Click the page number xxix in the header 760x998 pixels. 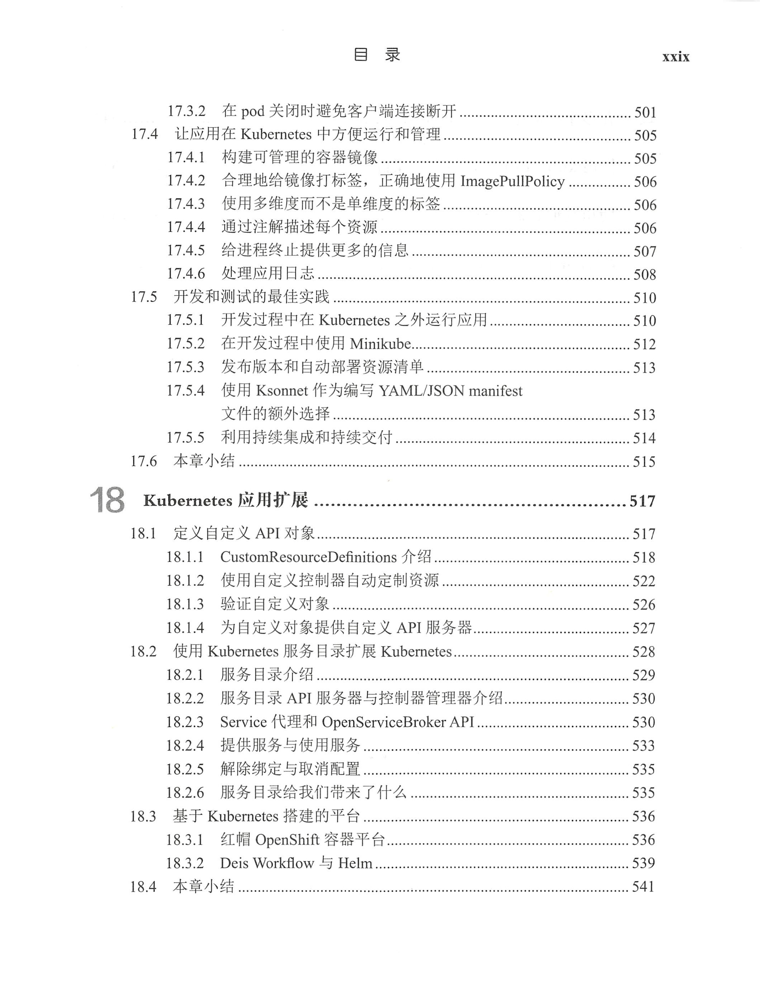click(x=675, y=57)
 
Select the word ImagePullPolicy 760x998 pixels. click(x=513, y=181)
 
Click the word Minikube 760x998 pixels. click(x=380, y=344)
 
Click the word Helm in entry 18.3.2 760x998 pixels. click(x=355, y=863)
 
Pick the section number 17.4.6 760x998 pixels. click(x=186, y=274)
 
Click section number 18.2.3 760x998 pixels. click(x=185, y=722)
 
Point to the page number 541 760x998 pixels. click(x=643, y=886)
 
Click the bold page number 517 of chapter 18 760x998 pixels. click(x=642, y=501)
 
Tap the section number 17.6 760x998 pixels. click(x=143, y=461)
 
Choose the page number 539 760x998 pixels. click(x=643, y=863)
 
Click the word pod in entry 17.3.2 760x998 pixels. click(x=252, y=112)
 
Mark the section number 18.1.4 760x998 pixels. click(x=185, y=628)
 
